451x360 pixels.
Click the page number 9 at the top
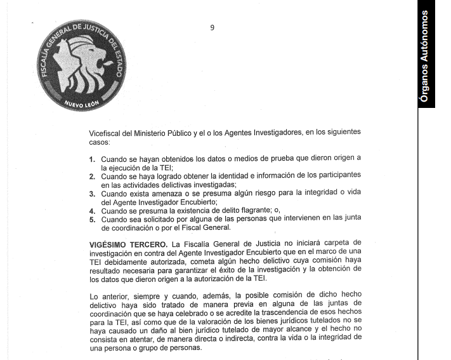212,27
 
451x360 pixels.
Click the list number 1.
92,159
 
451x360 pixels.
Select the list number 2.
92,176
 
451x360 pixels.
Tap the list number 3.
92,194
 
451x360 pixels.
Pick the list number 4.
92,211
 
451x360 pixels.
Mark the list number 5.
92,220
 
